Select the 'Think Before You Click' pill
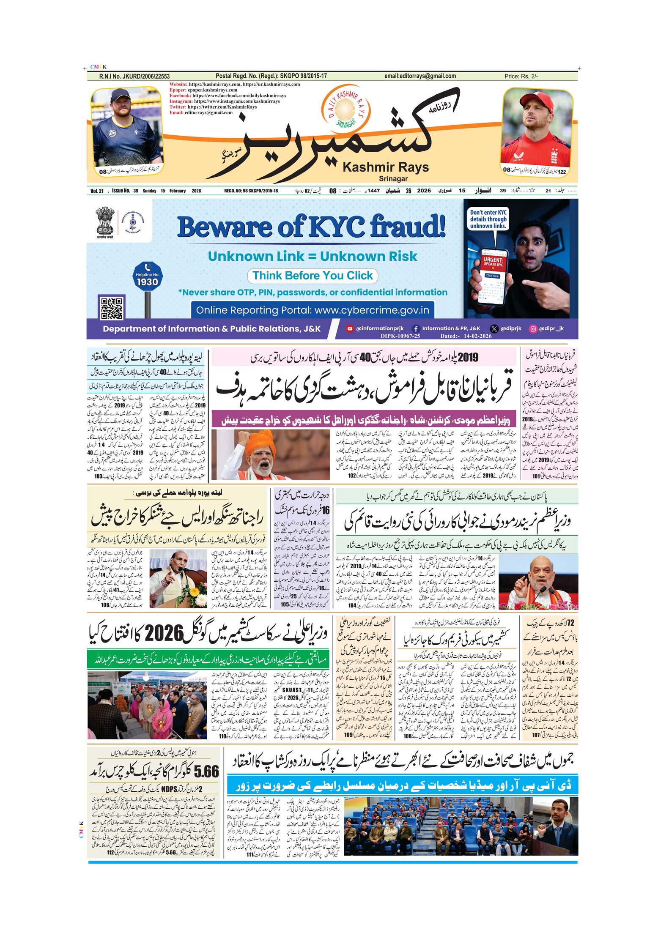click(313, 276)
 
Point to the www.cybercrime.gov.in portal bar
click(313, 310)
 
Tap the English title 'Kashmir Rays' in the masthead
click(386, 167)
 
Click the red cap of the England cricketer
click(537, 102)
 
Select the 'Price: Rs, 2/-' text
click(521, 77)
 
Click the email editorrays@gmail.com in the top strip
click(420, 76)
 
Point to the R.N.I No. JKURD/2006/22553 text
click(134, 77)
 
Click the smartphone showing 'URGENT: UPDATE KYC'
click(493, 275)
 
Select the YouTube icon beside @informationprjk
click(349, 328)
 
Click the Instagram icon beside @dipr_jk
click(533, 328)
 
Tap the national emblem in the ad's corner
click(104, 221)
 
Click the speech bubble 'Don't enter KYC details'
click(488, 219)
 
